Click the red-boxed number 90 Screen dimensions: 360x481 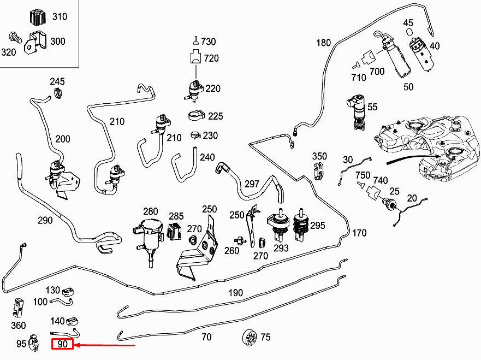[62, 345]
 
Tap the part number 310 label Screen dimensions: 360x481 [60, 16]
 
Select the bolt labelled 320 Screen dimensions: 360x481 [14, 38]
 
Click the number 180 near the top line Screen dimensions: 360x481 [323, 43]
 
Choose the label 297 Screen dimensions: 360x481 [251, 184]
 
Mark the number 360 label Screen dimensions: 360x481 [18, 326]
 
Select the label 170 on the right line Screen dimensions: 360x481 [359, 233]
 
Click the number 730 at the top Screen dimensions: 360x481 [208, 42]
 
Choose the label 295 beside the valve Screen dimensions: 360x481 [317, 225]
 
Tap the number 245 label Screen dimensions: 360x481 [57, 81]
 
